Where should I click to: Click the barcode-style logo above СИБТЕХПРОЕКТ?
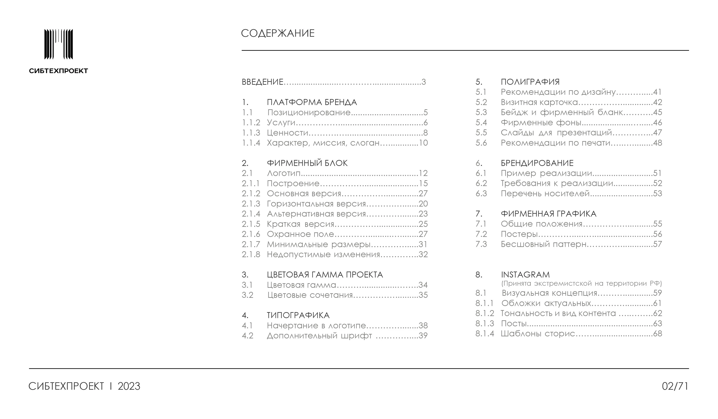(58, 44)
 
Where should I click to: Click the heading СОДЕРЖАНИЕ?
(278, 33)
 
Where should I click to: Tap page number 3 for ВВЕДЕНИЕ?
(423, 82)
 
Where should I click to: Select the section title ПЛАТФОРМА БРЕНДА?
(312, 102)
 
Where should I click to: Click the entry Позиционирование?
(309, 112)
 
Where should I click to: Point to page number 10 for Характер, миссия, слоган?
(423, 143)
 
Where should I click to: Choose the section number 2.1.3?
(251, 204)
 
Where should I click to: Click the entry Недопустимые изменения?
(323, 254)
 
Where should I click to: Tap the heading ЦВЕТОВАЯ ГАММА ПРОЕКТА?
(325, 275)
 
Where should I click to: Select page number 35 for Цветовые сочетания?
(423, 295)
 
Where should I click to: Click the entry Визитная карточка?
(539, 102)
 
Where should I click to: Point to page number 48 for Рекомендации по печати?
(657, 143)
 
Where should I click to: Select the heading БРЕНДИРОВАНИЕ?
(537, 163)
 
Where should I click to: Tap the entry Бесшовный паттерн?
(543, 244)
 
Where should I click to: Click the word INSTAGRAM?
(525, 275)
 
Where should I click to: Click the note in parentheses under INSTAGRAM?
(581, 283)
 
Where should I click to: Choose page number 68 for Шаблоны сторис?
(657, 333)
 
